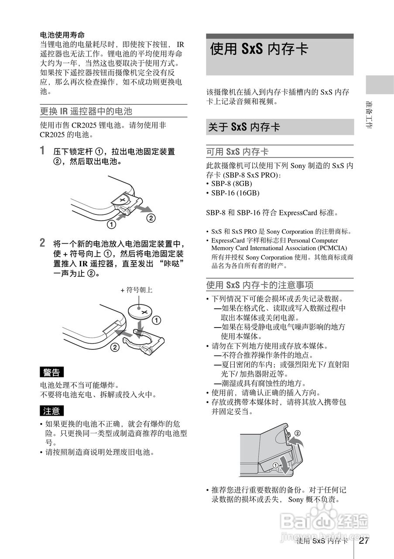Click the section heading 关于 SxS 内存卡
(x=244, y=127)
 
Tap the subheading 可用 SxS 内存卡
(x=237, y=152)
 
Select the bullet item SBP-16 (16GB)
(x=235, y=193)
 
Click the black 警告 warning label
(x=52, y=372)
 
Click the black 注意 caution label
(x=52, y=411)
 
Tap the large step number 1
(x=42, y=151)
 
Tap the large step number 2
(x=42, y=242)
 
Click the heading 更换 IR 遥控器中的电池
(x=86, y=111)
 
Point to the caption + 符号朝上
(x=136, y=290)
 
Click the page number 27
(x=364, y=541)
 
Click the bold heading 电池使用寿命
(x=62, y=35)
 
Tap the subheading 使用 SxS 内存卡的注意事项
(x=260, y=285)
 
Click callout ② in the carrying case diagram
(x=298, y=434)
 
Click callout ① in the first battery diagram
(x=112, y=225)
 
